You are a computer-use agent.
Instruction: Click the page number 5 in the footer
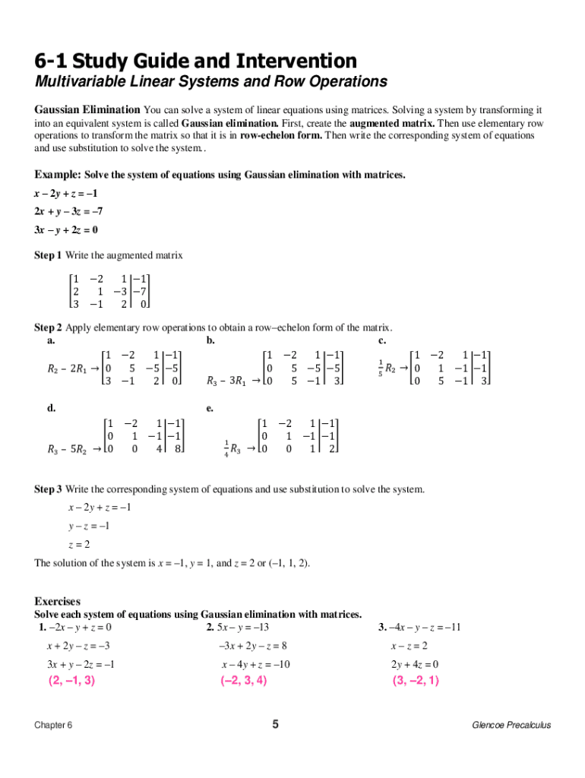tap(276, 724)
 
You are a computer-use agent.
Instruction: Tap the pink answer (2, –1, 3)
tap(73, 681)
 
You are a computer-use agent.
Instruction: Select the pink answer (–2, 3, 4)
tap(244, 681)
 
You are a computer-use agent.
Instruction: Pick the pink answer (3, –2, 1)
tap(416, 681)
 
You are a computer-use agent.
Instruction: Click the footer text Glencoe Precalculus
tap(511, 725)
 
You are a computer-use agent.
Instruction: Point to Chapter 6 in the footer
tap(54, 725)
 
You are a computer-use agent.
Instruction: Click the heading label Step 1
tap(49, 255)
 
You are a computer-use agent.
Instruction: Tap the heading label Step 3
tap(49, 489)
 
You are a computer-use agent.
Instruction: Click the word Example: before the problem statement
tap(58, 175)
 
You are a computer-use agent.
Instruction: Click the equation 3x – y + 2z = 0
tap(66, 229)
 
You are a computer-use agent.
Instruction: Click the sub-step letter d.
tap(51, 408)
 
